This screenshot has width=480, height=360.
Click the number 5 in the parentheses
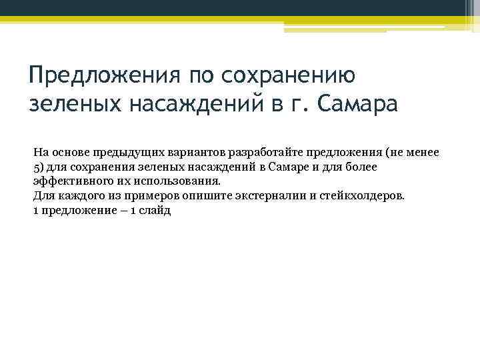point(37,167)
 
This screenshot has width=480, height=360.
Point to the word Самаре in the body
point(286,167)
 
